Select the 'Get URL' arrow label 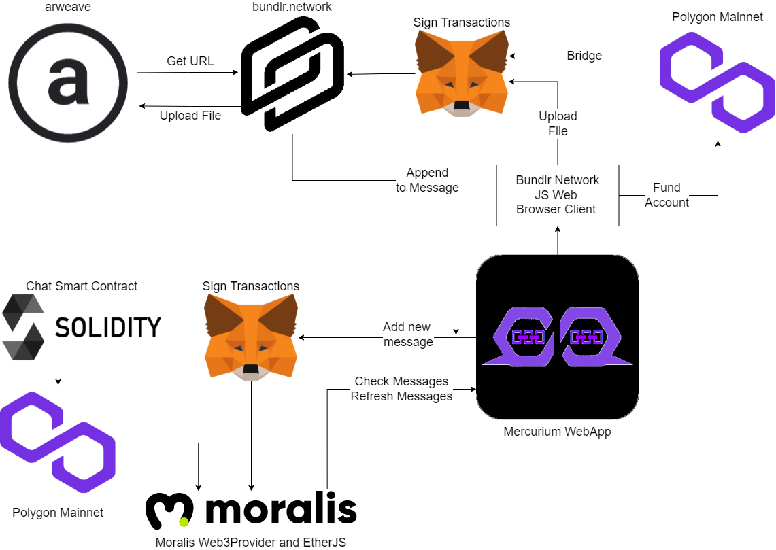click(x=190, y=61)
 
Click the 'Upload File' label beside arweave click(x=190, y=116)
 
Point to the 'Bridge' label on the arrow click(x=584, y=55)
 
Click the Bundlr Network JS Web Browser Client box click(x=557, y=195)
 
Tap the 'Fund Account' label click(x=667, y=195)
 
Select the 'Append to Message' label click(x=427, y=180)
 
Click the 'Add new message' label click(x=407, y=334)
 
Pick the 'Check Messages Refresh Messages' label click(x=401, y=389)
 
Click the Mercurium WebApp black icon click(x=557, y=337)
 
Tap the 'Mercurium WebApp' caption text click(x=557, y=431)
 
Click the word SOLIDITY click(x=108, y=328)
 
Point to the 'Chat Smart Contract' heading click(x=82, y=286)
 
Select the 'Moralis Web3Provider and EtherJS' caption click(x=250, y=542)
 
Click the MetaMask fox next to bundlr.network click(x=461, y=73)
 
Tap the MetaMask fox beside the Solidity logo click(x=251, y=337)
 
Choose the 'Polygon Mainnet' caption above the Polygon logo click(x=717, y=17)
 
